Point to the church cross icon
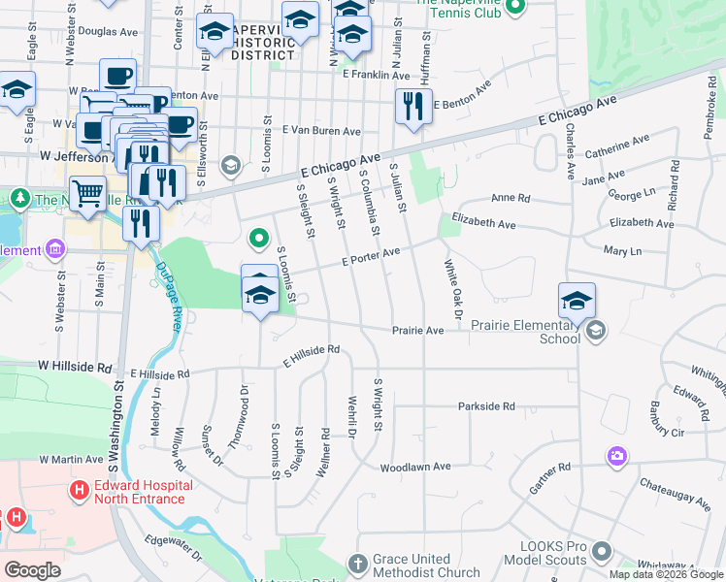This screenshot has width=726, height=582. tap(358, 563)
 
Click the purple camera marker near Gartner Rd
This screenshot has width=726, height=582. tap(616, 455)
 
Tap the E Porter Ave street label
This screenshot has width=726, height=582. tap(370, 257)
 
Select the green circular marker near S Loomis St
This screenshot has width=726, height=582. tap(259, 237)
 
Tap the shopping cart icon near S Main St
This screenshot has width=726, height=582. tap(87, 193)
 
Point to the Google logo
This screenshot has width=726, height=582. tap(32, 569)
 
